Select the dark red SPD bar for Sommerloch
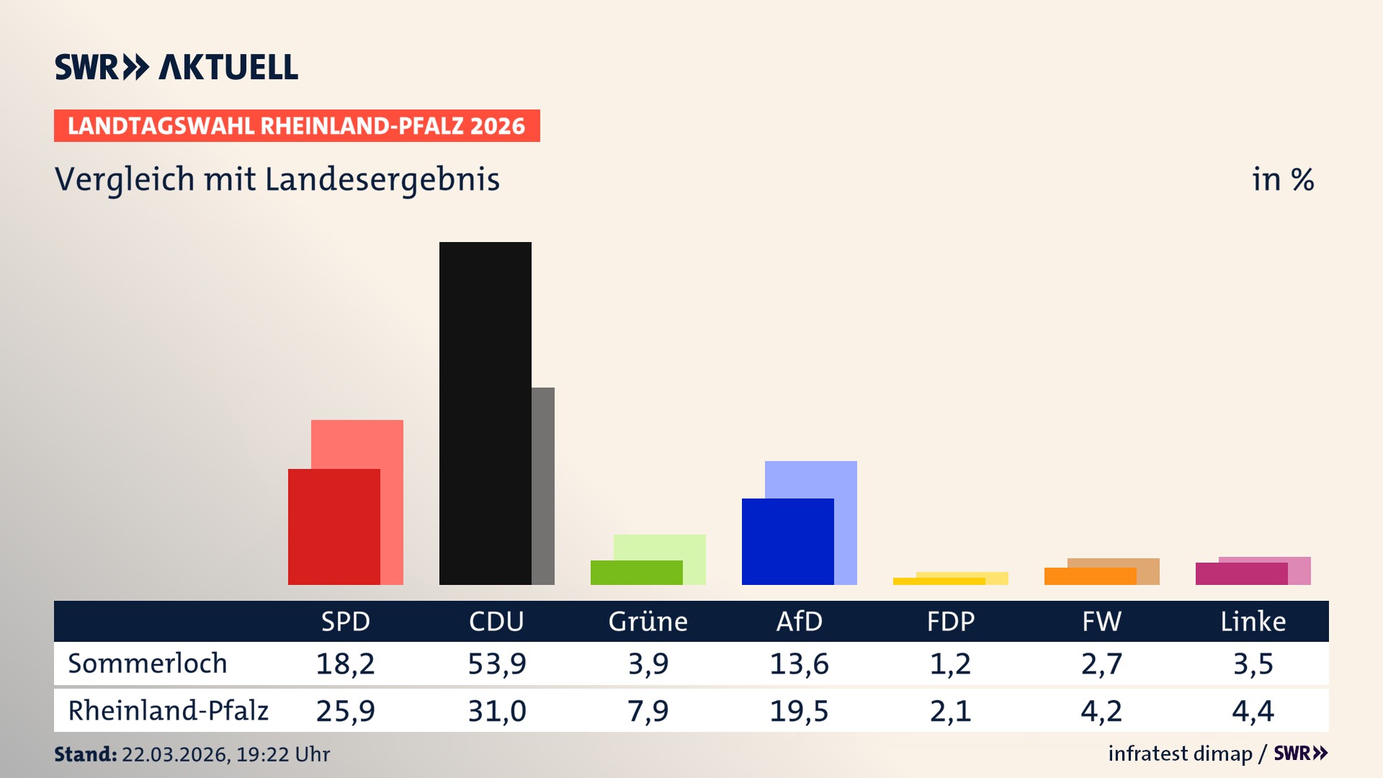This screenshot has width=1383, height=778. point(334,527)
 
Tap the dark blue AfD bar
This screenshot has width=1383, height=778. point(787,541)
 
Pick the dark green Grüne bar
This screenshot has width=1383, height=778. point(636,573)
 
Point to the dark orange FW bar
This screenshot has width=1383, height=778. point(1090,576)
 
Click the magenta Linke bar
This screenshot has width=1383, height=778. point(1241,573)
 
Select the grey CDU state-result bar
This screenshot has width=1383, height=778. point(543,486)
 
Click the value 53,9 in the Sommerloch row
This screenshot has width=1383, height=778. point(497,663)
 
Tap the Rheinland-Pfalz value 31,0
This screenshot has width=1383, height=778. point(497,711)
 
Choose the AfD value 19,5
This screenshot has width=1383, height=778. point(799,711)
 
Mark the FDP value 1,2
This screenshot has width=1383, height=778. point(950,663)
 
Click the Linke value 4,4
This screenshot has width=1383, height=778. point(1253,711)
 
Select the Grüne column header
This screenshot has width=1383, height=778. point(648,621)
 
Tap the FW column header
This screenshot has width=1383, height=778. point(1101,621)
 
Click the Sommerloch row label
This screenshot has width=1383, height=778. point(148,663)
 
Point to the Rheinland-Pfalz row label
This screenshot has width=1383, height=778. point(168,711)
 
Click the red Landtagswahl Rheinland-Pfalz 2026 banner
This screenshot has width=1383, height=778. point(297,126)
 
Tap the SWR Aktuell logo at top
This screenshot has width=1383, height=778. point(176,67)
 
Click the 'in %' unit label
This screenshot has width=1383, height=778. point(1283,180)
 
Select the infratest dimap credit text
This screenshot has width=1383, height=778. point(1180,754)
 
